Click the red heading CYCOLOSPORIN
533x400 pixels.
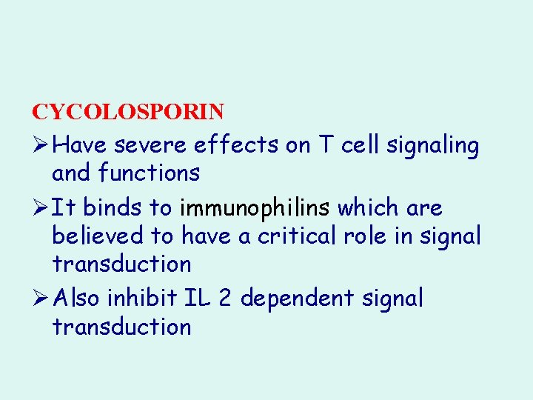tap(127, 112)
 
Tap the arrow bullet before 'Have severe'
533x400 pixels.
tap(40, 146)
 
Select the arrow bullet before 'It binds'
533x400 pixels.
tap(40, 208)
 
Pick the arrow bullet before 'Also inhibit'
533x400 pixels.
tap(40, 299)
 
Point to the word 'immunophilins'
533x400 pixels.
tap(255, 208)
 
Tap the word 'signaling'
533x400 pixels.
tap(443, 146)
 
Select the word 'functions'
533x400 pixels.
tap(149, 173)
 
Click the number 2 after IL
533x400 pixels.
tap(224, 299)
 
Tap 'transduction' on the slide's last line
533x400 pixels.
tap(121, 327)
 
